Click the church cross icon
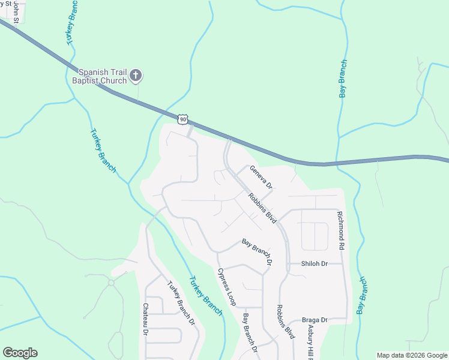[x=136, y=75]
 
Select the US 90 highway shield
[x=183, y=119]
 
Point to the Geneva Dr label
[x=261, y=178]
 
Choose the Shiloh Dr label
[x=314, y=264]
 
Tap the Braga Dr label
[x=315, y=320]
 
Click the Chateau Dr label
[x=145, y=319]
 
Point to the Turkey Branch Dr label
[x=181, y=304]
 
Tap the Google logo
[x=20, y=353]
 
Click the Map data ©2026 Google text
[x=411, y=355]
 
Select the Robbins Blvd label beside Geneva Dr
[x=262, y=208]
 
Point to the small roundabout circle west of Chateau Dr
[x=111, y=282]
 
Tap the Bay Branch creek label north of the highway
[x=343, y=79]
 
